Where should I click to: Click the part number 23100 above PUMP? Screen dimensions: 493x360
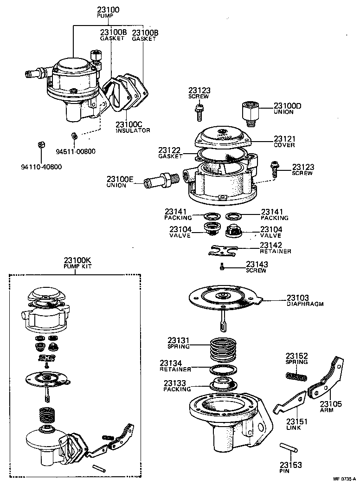(109, 9)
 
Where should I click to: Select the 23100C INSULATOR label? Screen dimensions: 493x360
(133, 127)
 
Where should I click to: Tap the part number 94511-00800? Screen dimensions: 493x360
(76, 151)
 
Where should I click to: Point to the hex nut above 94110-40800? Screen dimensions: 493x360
(40, 145)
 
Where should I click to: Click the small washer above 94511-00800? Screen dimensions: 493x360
(73, 136)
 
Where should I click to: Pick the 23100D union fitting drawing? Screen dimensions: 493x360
(250, 112)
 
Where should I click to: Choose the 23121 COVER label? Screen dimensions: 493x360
(284, 142)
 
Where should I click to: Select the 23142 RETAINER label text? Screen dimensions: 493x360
(275, 248)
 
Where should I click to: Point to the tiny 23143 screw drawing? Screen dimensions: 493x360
(223, 266)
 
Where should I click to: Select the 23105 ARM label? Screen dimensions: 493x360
(331, 407)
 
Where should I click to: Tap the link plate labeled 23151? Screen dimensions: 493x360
(290, 401)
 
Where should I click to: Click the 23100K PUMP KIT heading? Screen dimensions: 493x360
(75, 263)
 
